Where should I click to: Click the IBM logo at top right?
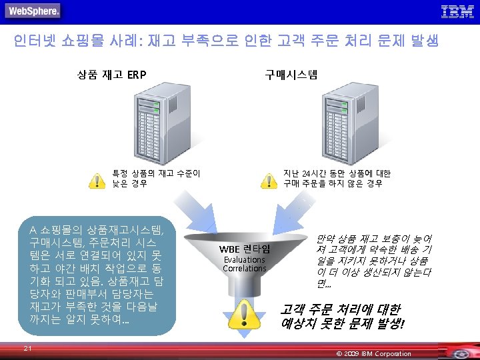pos(457,11)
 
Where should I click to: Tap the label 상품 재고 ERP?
pos(112,74)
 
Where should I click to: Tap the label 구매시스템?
pos(291,74)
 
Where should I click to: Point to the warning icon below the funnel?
pos(245,314)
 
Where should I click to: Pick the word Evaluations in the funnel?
pos(245,260)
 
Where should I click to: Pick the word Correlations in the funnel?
pos(245,269)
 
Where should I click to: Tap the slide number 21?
pos(27,348)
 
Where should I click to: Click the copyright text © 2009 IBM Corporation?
pos(374,353)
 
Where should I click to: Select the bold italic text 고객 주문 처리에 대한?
pos(340,310)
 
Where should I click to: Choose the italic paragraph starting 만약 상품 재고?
pos(373,261)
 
